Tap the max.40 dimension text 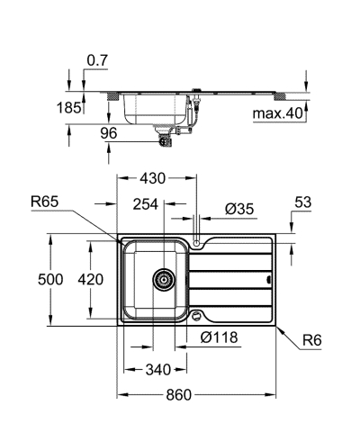277,112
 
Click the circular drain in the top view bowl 163,280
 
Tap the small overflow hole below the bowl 197,315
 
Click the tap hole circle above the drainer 197,241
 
